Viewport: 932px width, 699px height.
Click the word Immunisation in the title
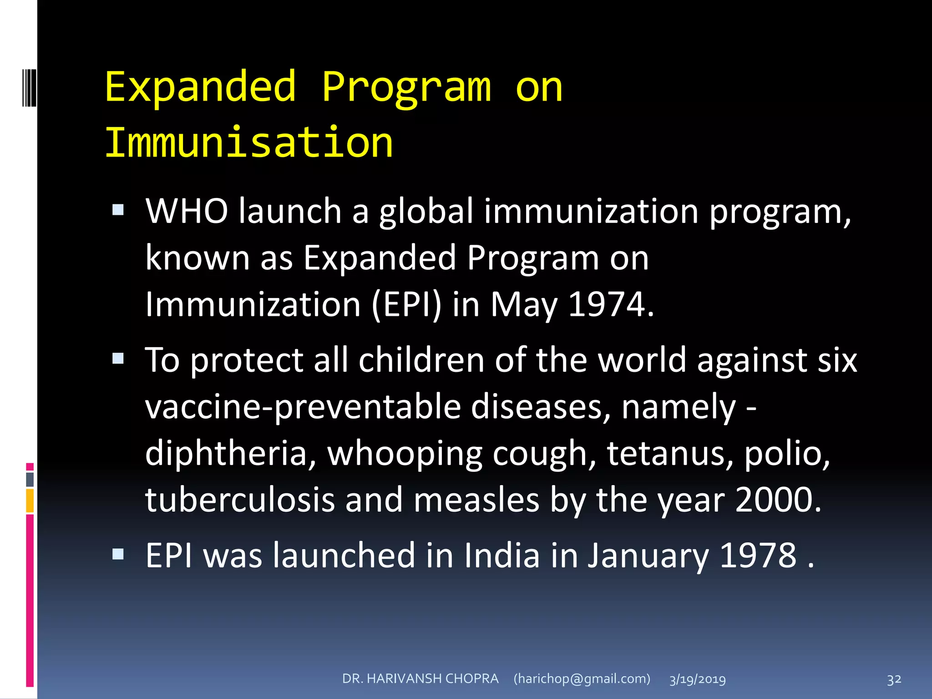point(249,142)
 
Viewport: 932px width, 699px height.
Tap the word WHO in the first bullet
point(187,211)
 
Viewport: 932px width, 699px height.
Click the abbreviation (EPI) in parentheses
point(406,304)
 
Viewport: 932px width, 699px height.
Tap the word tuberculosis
point(239,500)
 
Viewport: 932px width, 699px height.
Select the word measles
point(476,500)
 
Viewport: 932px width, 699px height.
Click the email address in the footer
point(582,679)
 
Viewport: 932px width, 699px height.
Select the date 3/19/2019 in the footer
point(697,679)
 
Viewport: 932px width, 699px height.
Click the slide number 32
point(894,679)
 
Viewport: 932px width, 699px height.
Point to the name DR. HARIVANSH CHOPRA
point(420,679)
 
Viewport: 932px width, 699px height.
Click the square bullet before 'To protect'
point(118,359)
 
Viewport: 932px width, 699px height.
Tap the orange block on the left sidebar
point(30,501)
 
